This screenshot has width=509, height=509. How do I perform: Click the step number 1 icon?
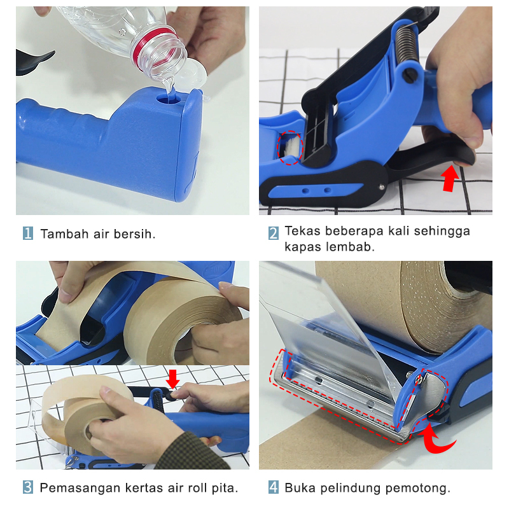point(28,234)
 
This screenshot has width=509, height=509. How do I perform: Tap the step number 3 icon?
point(28,488)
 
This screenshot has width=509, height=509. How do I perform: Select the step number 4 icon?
point(273,488)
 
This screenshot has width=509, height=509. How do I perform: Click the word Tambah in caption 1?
point(62,234)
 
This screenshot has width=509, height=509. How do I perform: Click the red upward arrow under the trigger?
point(450,178)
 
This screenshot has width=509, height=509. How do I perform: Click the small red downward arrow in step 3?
point(173,379)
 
